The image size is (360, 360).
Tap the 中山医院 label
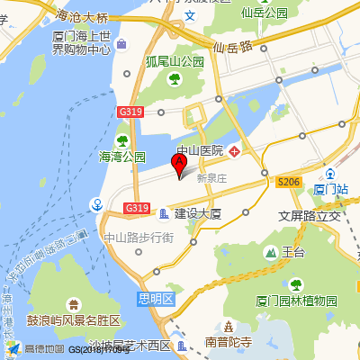tap(200, 150)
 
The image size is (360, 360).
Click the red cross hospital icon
tap(234, 150)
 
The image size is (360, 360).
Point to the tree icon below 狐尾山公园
tap(174, 80)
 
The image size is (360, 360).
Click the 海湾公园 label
tap(122, 156)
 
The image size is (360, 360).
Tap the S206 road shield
tap(288, 182)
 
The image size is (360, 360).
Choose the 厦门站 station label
tap(331, 190)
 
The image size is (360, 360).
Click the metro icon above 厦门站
tap(331, 175)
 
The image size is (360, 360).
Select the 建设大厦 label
tap(198, 214)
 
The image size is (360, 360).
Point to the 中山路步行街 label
tap(139, 238)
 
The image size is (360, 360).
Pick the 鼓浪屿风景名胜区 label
tap(74, 320)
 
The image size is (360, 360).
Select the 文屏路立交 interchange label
tap(310, 216)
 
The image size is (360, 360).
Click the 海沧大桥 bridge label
tap(82, 17)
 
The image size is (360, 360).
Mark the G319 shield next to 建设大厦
tap(136, 209)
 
